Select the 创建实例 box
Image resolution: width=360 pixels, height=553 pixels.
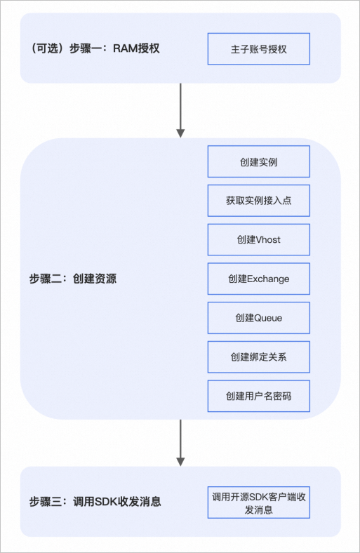258,161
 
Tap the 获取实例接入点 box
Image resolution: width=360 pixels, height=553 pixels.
258,201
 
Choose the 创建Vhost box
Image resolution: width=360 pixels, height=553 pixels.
258,240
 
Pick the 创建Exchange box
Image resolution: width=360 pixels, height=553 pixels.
258,279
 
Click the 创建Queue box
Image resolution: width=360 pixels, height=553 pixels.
258,318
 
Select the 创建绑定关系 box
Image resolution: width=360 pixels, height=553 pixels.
258,357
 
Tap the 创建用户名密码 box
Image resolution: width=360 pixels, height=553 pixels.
258,397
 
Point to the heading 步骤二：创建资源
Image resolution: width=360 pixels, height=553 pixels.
73,279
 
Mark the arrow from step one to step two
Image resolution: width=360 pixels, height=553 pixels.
180,109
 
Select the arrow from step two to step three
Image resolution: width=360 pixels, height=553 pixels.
180,442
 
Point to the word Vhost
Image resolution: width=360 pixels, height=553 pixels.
268,240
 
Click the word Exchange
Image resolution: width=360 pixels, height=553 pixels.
269,279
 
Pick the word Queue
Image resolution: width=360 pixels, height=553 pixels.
268,318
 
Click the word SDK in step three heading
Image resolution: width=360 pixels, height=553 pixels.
107,502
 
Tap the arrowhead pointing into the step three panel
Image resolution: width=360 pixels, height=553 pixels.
180,462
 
